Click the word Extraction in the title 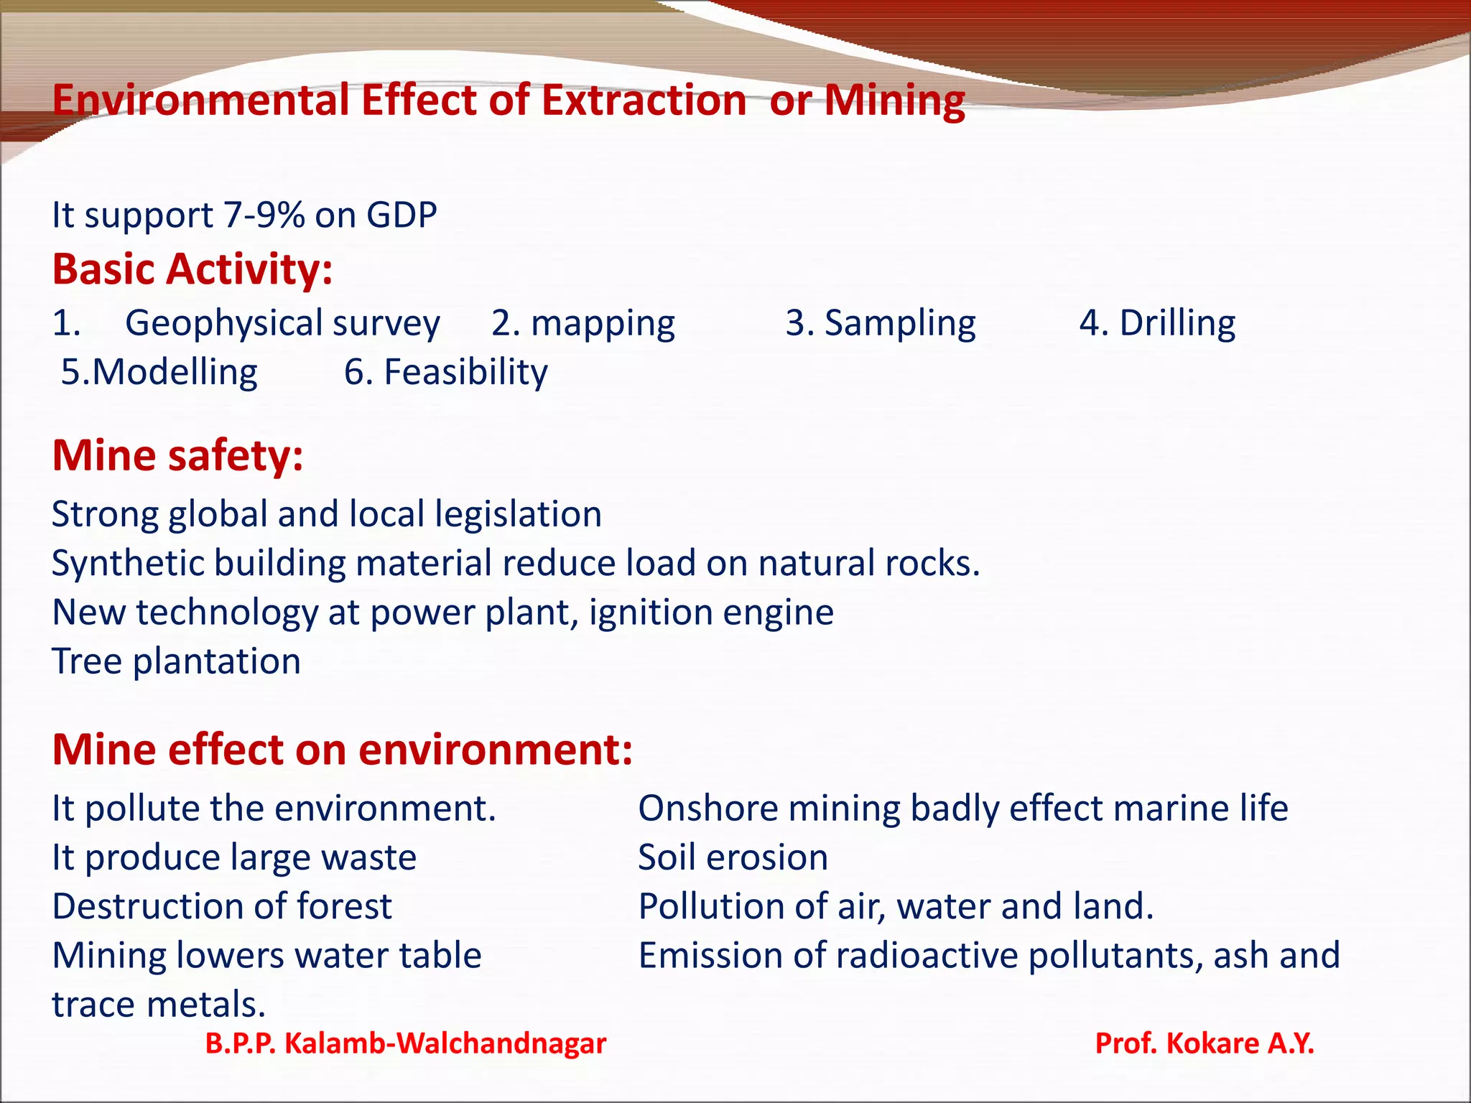click(644, 100)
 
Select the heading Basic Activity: click(192, 269)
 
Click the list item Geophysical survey click(282, 323)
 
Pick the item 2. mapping click(583, 323)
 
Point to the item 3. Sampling click(880, 323)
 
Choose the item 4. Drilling click(1157, 323)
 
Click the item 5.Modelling click(159, 372)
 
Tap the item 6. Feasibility click(445, 372)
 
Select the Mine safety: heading click(177, 455)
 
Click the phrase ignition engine click(711, 613)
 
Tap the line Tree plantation click(176, 661)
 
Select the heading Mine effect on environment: click(342, 750)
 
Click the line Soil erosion click(733, 857)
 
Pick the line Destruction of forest click(222, 906)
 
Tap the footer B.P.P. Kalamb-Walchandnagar click(405, 1043)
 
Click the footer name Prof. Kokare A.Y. click(1204, 1043)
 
